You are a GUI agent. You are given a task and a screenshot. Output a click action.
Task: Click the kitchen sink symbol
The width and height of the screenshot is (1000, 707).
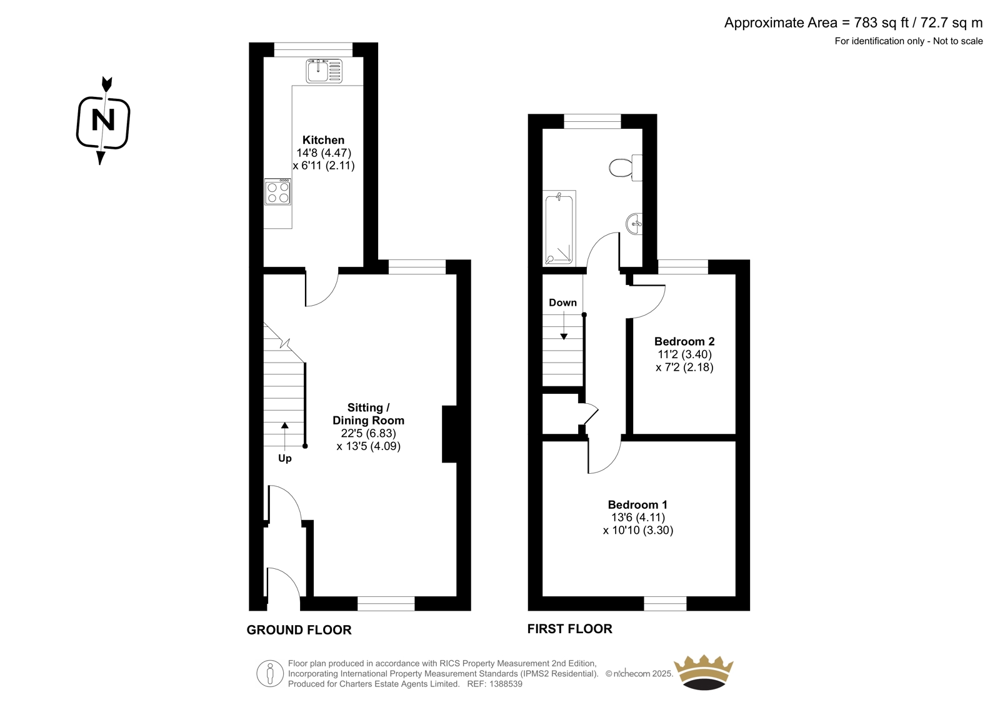click(x=324, y=71)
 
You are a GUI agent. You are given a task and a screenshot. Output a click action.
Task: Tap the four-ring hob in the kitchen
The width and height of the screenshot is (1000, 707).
click(x=277, y=192)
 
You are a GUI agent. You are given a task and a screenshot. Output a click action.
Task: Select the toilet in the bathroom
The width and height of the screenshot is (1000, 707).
click(x=626, y=168)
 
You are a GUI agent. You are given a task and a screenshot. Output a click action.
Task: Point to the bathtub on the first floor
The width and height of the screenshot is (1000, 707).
click(x=559, y=228)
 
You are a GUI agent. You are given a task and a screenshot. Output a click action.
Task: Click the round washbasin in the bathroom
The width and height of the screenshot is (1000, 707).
click(x=634, y=223)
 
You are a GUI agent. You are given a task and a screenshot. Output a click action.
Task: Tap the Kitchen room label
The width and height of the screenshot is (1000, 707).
click(x=323, y=140)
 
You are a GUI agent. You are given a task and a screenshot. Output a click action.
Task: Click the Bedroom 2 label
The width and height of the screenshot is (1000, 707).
click(x=684, y=342)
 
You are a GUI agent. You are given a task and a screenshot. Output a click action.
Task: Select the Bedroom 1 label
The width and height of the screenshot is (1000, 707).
click(x=637, y=504)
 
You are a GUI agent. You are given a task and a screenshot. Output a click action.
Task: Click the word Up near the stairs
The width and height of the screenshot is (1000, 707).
click(x=285, y=459)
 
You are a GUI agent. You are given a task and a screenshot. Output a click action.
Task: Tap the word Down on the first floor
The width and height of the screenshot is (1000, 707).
click(x=562, y=303)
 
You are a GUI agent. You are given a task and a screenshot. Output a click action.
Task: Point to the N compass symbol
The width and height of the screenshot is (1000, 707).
click(x=103, y=121)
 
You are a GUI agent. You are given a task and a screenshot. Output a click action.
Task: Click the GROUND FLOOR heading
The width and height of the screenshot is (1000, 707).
click(x=299, y=629)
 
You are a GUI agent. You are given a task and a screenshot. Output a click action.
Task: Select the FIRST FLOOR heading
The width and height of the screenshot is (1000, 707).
click(x=569, y=629)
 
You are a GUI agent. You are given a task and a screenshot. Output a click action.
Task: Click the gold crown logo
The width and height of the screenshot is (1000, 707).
click(x=704, y=672)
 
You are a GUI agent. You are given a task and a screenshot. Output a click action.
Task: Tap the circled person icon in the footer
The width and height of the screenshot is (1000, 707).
click(x=270, y=673)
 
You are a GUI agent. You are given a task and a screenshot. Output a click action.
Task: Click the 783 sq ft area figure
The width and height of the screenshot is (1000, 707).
click(x=882, y=23)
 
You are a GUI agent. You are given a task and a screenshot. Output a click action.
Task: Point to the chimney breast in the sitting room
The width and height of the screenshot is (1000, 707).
click(x=449, y=434)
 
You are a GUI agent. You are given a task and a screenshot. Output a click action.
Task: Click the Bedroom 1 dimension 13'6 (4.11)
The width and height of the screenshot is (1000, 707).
click(x=638, y=518)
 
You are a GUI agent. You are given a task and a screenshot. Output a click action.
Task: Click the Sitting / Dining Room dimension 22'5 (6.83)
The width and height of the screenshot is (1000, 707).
click(x=368, y=433)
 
